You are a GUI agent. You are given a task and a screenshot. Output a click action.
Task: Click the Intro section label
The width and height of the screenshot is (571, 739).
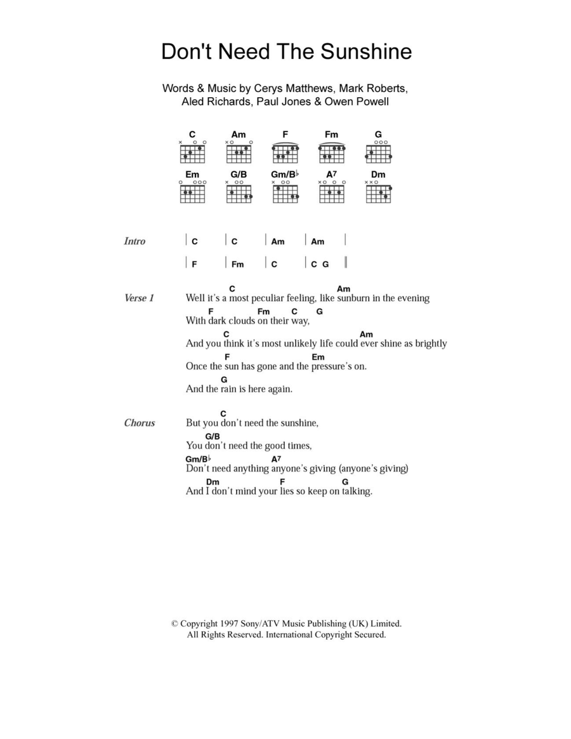(135, 241)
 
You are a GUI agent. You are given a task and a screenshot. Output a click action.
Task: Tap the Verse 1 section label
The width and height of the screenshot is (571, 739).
(139, 298)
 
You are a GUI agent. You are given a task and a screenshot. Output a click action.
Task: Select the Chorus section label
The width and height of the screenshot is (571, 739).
(140, 423)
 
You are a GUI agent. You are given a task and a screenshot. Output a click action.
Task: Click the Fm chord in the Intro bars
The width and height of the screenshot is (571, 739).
(237, 264)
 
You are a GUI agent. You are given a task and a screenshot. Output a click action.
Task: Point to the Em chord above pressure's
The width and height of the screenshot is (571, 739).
(318, 357)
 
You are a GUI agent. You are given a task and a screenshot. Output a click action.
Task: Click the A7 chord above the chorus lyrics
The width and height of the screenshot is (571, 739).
(276, 459)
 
